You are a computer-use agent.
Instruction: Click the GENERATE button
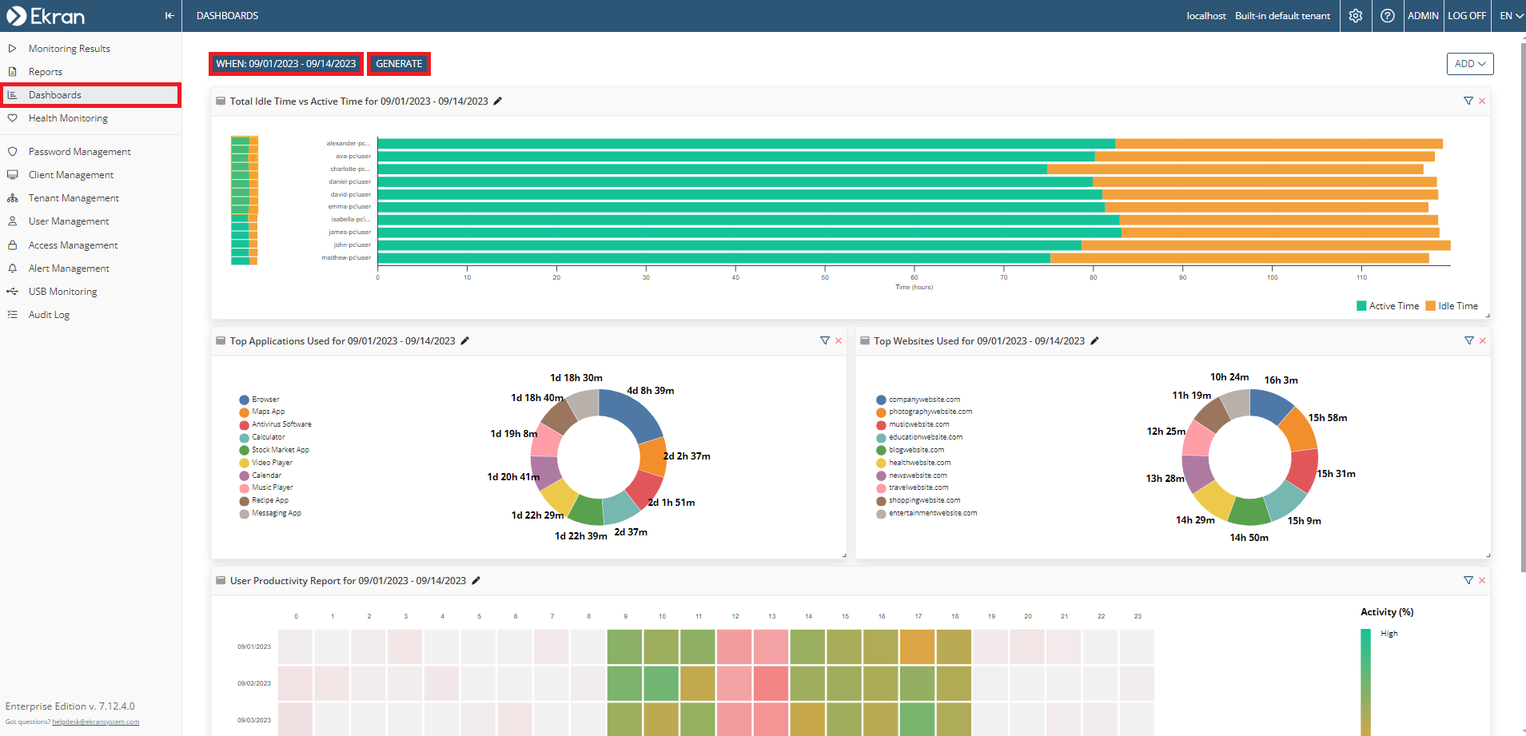(399, 64)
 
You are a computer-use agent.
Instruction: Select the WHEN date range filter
(285, 64)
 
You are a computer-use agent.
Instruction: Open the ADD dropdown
(1469, 64)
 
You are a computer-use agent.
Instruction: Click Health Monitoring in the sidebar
(68, 118)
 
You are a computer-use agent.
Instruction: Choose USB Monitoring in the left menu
(62, 292)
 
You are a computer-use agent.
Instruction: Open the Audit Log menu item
(49, 315)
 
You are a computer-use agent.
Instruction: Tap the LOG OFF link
(1466, 16)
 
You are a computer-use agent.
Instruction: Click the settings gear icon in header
(1356, 16)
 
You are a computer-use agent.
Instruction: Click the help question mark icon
(1388, 16)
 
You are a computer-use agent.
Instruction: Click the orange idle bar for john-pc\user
(1265, 245)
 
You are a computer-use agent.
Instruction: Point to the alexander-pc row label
(348, 144)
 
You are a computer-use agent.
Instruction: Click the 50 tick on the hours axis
(825, 278)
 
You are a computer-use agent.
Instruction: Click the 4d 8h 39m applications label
(650, 391)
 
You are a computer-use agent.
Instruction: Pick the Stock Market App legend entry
(280, 450)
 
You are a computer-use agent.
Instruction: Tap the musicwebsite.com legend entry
(918, 424)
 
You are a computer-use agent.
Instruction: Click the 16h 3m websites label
(1281, 380)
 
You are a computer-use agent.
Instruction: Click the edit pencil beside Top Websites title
(1095, 341)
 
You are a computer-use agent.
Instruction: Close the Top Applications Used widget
(839, 341)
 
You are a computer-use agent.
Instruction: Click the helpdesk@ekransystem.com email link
(95, 722)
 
